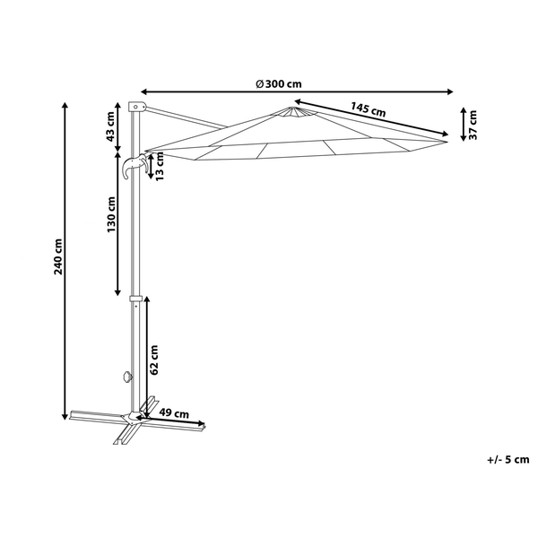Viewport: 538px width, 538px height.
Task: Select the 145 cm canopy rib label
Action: (368, 110)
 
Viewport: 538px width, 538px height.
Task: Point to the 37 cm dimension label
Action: (474, 123)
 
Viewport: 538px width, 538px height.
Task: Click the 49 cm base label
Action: (175, 413)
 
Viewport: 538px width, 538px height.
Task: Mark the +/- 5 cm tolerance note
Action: (508, 460)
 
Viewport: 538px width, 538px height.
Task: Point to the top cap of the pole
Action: (135, 106)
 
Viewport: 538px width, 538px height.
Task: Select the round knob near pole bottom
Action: (126, 377)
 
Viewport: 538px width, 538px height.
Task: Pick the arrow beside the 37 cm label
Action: (462, 123)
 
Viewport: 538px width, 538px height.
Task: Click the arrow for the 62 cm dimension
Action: (145, 354)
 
